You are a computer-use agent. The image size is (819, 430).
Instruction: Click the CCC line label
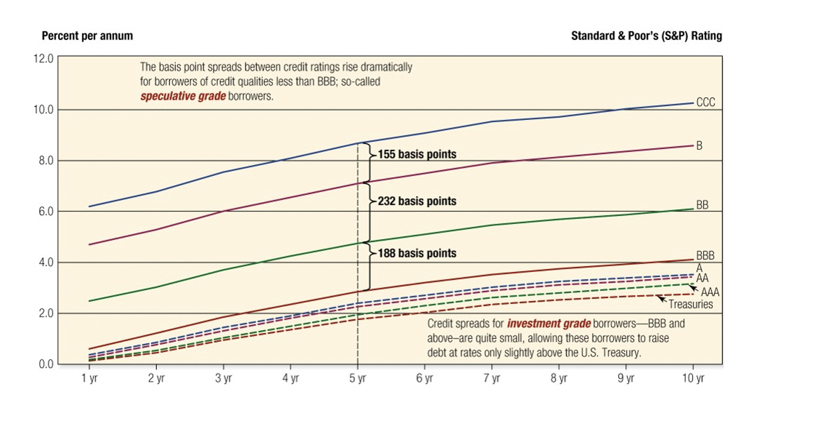click(x=705, y=102)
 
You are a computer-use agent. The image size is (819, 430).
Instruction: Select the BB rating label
click(x=702, y=205)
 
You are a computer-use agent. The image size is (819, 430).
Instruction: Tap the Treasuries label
click(x=691, y=304)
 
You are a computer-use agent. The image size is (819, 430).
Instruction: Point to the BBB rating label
click(x=705, y=256)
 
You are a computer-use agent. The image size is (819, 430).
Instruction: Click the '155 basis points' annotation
click(x=417, y=154)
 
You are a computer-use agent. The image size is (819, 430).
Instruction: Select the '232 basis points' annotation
click(x=417, y=201)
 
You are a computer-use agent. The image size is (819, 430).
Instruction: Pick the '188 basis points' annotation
click(x=417, y=253)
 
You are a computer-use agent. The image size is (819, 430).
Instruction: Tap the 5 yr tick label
click(x=358, y=379)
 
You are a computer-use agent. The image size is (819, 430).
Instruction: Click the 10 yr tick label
click(x=692, y=379)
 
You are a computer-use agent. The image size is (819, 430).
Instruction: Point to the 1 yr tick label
click(x=89, y=379)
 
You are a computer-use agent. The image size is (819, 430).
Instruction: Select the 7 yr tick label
click(x=492, y=379)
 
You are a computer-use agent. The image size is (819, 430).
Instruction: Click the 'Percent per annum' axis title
click(x=87, y=36)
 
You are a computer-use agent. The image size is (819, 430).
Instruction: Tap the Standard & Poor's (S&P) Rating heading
click(x=646, y=36)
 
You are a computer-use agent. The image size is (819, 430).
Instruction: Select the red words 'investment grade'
click(x=548, y=324)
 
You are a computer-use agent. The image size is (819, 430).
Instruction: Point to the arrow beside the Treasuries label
click(x=661, y=298)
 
